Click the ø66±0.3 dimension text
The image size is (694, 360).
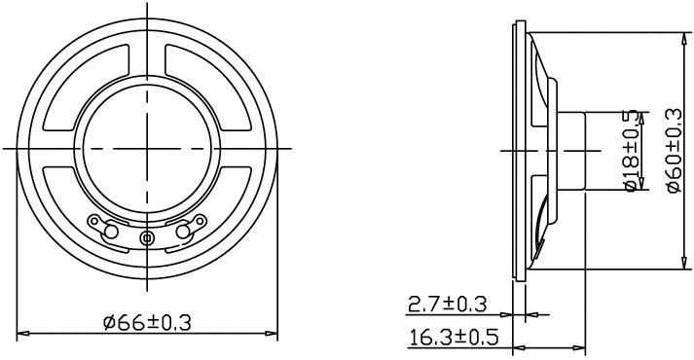(x=146, y=320)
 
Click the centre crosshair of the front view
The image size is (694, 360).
(x=147, y=148)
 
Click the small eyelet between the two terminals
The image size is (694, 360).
(x=147, y=237)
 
